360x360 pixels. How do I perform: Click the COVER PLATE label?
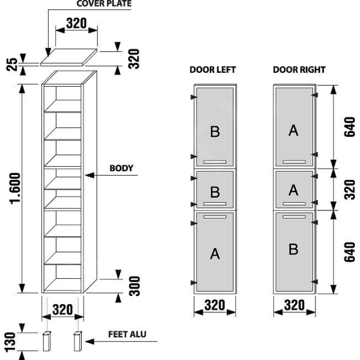pos(104,3)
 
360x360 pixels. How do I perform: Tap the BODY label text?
pos(121,169)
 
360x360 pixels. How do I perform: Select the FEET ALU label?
pos(127,334)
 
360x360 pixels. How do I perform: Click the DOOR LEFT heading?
pos(212,70)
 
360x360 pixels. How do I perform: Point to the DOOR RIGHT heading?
pos(299,70)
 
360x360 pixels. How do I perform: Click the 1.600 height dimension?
pos(15,188)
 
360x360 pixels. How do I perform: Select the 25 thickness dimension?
pos(11,65)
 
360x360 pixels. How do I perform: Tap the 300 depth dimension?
pos(134,286)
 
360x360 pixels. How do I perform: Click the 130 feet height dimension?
pos(10,342)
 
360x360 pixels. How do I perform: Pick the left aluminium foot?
pos(47,341)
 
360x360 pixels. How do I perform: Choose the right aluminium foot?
pos(77,341)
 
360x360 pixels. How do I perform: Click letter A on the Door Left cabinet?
pos(215,254)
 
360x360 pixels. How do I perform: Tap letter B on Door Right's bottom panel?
pos(293,249)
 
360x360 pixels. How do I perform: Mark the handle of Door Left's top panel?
pos(215,162)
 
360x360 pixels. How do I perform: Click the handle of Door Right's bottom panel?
pos(294,217)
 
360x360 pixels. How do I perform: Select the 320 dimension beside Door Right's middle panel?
pos(350,190)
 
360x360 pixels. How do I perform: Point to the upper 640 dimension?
pos(350,127)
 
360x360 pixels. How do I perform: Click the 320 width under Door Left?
pos(215,305)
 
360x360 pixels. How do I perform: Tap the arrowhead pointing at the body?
pos(90,176)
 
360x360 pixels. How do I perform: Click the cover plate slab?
pos(68,58)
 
